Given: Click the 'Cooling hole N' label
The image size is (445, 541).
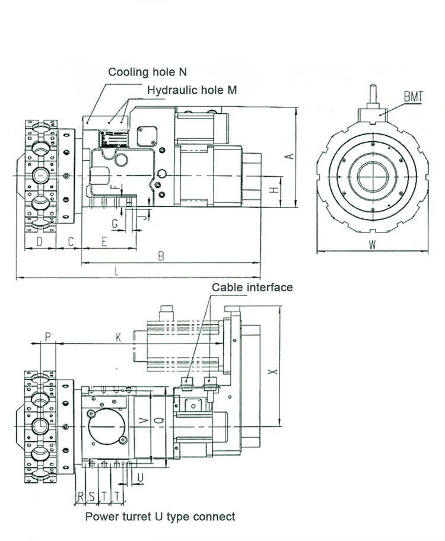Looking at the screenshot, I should coord(147,72).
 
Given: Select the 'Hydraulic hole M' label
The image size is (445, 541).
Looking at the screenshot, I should coord(192,90).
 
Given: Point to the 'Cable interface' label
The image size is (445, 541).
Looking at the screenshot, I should coord(252,288).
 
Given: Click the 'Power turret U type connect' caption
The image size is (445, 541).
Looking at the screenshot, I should coord(160,517).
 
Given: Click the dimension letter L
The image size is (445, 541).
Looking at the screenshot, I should coord(117,271).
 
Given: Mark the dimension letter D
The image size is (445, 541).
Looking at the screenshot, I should coord(39,241).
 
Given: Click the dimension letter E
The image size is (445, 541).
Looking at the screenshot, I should coord(104,241).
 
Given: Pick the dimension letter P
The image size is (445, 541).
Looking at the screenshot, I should coord(48,336).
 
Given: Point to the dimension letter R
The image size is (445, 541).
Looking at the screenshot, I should coord(80,495).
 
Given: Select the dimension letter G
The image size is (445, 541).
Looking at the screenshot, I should coord(115,224).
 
